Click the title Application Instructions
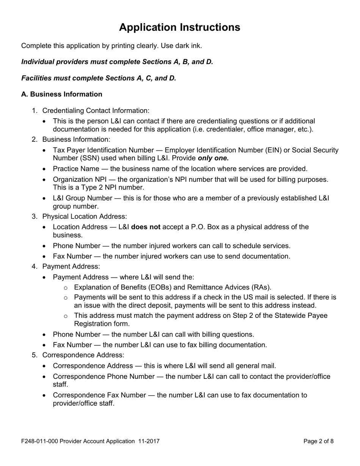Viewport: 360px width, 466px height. coord(179,27)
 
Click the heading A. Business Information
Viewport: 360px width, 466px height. coord(62,94)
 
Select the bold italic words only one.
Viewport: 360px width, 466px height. coord(213,158)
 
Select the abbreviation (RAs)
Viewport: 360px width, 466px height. coord(261,287)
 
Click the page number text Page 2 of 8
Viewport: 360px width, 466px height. coord(318,441)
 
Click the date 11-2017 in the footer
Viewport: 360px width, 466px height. coord(149,441)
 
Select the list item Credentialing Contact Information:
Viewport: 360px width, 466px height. coord(95,111)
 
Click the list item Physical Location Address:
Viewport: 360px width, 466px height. coord(84,216)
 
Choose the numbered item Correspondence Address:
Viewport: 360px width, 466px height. coord(83,355)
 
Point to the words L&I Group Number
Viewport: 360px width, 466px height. coord(82,198)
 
